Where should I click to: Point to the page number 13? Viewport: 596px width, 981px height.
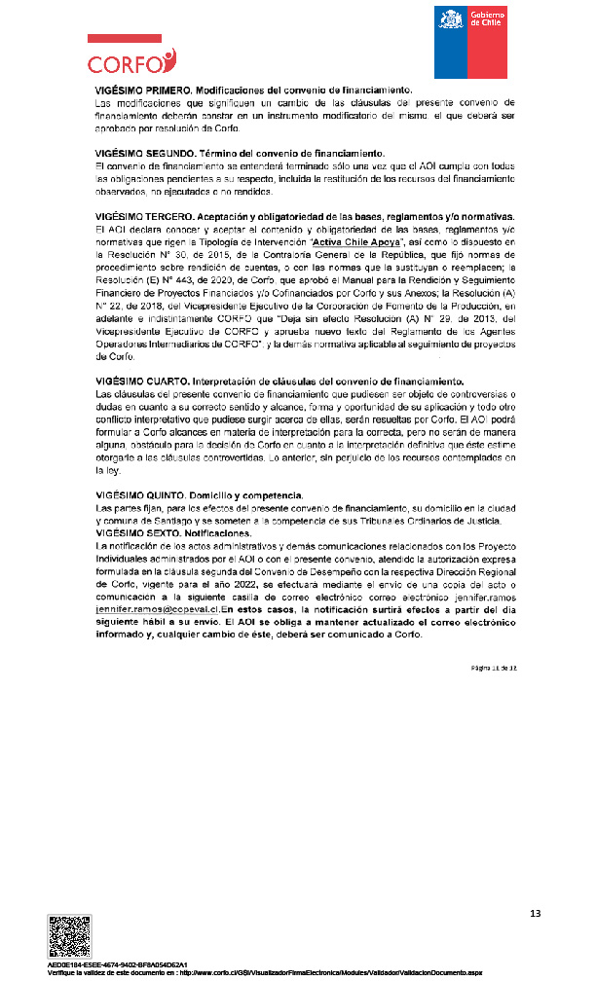pos(535,913)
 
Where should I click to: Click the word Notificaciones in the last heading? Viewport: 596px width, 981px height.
pos(218,533)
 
